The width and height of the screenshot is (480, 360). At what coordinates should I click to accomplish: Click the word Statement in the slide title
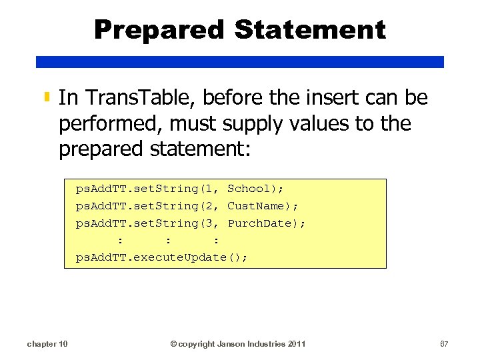[x=310, y=29]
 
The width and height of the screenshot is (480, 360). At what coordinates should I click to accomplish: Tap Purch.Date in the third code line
[x=263, y=223]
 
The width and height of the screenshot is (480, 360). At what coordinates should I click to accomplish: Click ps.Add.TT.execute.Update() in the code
[x=161, y=257]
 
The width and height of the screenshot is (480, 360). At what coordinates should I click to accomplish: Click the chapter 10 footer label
[x=47, y=344]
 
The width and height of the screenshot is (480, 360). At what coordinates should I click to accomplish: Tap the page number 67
[x=444, y=344]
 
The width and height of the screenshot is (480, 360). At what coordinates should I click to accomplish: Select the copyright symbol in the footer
[x=173, y=344]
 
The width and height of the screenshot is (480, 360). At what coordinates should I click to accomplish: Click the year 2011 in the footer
[x=297, y=344]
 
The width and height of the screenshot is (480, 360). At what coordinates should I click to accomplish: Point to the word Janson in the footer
[x=230, y=344]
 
